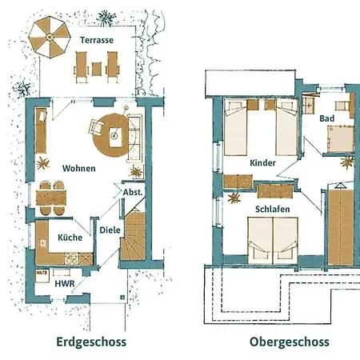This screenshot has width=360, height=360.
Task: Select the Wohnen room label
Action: [x=78, y=168]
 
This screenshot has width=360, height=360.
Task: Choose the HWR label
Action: [x=63, y=282]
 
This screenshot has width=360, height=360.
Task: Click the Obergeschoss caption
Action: [x=289, y=342]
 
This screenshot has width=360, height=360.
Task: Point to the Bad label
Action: [x=326, y=118]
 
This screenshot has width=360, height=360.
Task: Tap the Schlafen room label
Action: [x=272, y=209]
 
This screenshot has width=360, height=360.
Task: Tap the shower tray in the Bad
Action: [x=343, y=139]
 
